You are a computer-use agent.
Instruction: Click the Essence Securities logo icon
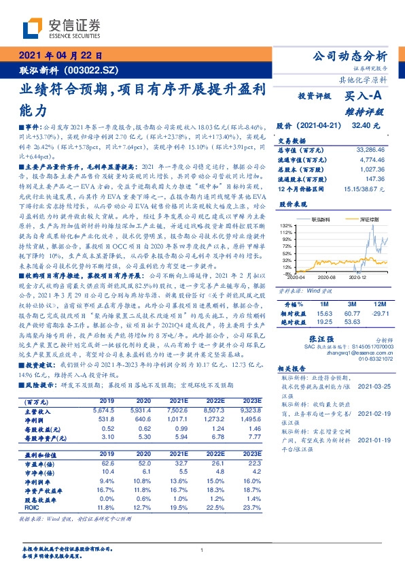point(34,28)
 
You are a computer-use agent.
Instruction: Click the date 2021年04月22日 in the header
point(60,56)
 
